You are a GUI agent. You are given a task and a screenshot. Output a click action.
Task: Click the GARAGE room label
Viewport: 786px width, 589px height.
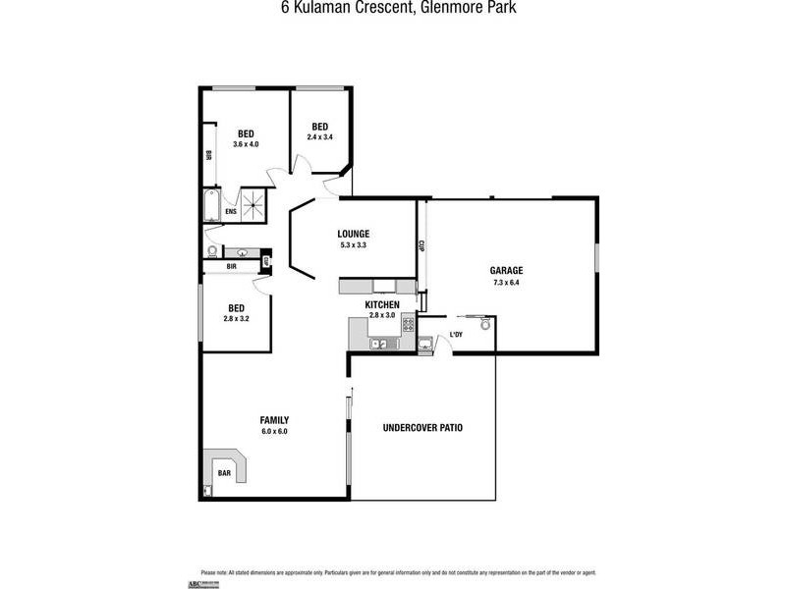[506, 271]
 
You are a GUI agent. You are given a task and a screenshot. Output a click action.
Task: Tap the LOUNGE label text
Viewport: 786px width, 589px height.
[353, 234]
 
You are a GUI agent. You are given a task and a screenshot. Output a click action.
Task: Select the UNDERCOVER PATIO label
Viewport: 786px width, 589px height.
[422, 428]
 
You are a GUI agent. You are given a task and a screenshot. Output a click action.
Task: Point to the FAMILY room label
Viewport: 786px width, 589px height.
[274, 420]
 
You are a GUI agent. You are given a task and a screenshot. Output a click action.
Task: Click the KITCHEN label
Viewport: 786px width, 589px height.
[381, 305]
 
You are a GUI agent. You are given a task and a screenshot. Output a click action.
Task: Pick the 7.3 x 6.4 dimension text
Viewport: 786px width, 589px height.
[506, 283]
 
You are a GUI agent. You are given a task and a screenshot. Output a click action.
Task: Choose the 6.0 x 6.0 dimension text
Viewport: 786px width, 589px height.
[274, 431]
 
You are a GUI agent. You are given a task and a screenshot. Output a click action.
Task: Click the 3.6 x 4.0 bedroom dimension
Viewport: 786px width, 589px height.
[246, 144]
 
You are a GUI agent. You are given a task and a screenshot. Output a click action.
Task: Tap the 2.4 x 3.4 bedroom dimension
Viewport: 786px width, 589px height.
[320, 137]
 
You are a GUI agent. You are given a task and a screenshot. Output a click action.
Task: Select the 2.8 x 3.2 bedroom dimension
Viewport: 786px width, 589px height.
[237, 319]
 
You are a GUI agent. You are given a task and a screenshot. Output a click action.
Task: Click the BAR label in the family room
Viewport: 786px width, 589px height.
[224, 473]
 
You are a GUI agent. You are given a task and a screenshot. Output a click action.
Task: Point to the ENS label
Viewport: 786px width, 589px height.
[231, 212]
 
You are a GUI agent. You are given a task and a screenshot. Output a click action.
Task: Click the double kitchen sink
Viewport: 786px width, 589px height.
[378, 344]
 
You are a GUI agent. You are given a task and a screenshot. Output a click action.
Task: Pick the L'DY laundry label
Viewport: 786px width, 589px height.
[456, 336]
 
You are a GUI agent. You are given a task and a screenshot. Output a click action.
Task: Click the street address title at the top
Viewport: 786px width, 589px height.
[393, 8]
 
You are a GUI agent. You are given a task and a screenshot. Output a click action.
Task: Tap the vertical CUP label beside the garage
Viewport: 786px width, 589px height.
[421, 246]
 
